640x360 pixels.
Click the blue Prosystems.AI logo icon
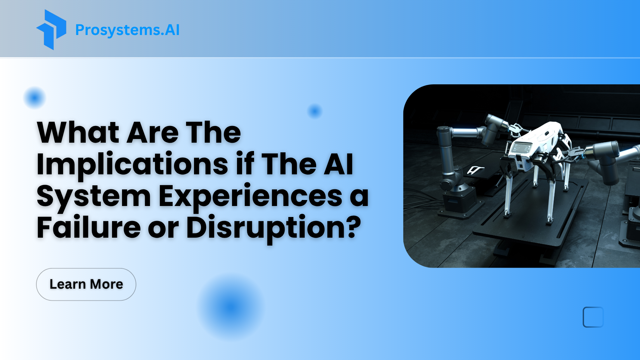pyautogui.click(x=51, y=30)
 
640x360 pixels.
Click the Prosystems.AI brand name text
pyautogui.click(x=127, y=30)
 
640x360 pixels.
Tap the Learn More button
pyautogui.click(x=86, y=284)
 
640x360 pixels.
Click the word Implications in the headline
pyautogui.click(x=132, y=164)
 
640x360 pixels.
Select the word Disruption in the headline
pyautogui.click(x=268, y=227)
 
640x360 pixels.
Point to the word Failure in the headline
pyautogui.click(x=89, y=227)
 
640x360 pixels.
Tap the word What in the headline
pyautogui.click(x=78, y=132)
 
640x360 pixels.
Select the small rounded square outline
pyautogui.click(x=593, y=317)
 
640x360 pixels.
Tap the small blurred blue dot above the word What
pyautogui.click(x=34, y=98)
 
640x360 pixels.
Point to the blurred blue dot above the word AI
pyautogui.click(x=315, y=111)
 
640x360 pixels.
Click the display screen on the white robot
pyautogui.click(x=521, y=148)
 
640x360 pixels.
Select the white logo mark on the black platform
pyautogui.click(x=475, y=170)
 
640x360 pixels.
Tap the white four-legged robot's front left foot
pyautogui.click(x=507, y=213)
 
